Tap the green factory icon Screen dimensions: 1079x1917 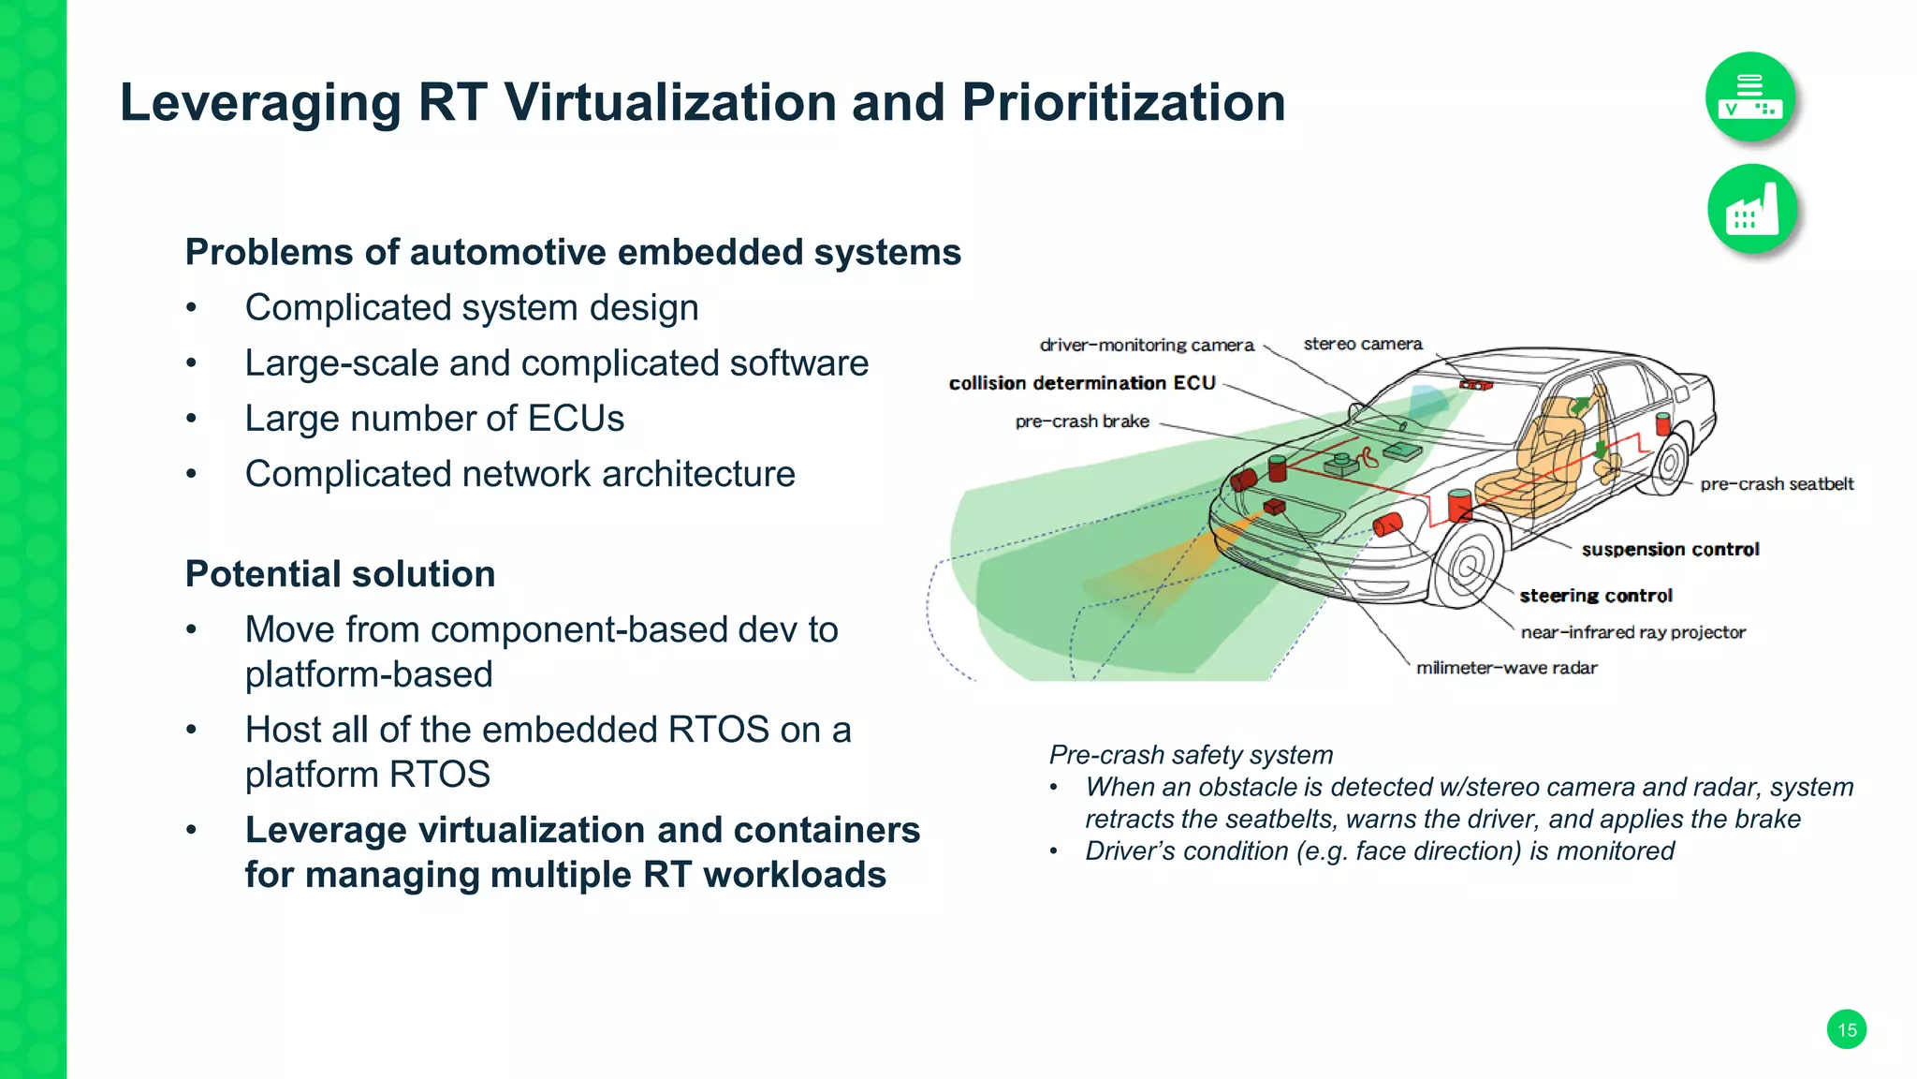click(x=1751, y=209)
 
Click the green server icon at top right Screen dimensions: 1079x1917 click(x=1749, y=97)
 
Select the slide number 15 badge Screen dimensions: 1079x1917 click(x=1846, y=1029)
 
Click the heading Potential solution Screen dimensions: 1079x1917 click(x=340, y=574)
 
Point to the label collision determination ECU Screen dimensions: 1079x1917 click(x=1082, y=383)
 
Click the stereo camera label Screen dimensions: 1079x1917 click(x=1362, y=344)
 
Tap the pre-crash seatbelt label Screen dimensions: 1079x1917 click(x=1776, y=484)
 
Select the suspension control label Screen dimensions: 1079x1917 click(x=1670, y=550)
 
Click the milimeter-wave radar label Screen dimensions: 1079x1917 click(x=1506, y=668)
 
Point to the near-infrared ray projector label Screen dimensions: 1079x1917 click(x=1632, y=632)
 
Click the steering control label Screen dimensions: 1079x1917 click(x=1595, y=596)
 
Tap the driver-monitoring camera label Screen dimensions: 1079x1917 click(x=1146, y=345)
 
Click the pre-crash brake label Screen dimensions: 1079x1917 click(x=1082, y=421)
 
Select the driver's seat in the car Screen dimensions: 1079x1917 click(x=1535, y=459)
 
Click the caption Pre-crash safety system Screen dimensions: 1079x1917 click(x=1191, y=755)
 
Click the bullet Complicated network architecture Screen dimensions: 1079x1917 click(x=519, y=474)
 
